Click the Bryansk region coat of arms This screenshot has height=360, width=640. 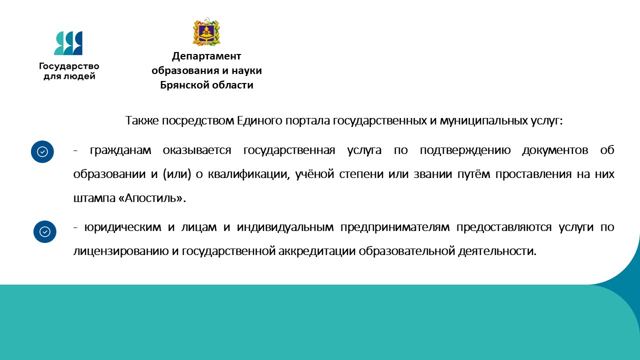click(206, 31)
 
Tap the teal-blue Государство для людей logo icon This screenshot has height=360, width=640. click(68, 43)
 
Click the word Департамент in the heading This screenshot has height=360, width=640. click(206, 56)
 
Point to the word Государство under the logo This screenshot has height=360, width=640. click(69, 66)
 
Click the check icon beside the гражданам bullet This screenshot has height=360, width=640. click(42, 151)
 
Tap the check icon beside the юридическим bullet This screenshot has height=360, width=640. click(45, 231)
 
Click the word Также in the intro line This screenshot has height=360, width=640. click(141, 120)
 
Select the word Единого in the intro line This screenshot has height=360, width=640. click(259, 121)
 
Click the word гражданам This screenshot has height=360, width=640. click(120, 150)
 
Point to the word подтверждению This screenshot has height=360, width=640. click(465, 150)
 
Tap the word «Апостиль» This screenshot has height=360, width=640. click(150, 198)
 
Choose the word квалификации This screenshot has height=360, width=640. click(248, 174)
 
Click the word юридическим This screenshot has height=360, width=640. click(123, 227)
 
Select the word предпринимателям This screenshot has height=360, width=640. click(395, 227)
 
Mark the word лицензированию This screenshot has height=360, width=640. click(121, 251)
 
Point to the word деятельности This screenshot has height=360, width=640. click(497, 251)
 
